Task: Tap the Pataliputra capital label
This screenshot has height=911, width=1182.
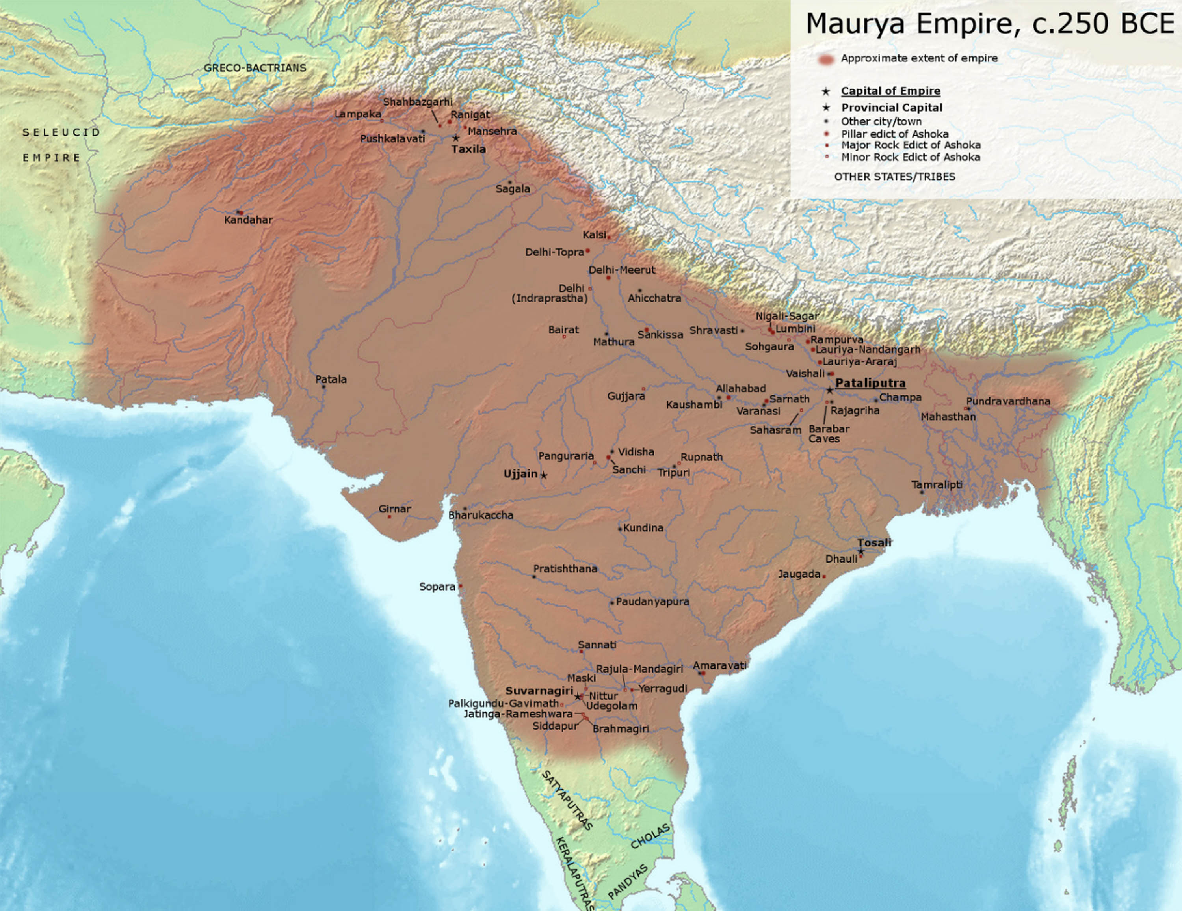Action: tap(870, 383)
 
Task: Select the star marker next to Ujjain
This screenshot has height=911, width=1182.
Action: tap(544, 475)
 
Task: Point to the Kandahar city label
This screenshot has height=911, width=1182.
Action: tap(248, 220)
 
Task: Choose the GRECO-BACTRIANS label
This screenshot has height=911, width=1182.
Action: tap(255, 68)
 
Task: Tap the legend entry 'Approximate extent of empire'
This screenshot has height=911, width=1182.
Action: tap(919, 58)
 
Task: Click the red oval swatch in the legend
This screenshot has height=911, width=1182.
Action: tap(826, 59)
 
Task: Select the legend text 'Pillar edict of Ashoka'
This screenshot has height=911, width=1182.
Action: tap(895, 134)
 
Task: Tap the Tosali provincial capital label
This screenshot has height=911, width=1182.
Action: tap(874, 543)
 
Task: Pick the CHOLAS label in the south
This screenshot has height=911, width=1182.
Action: tap(650, 836)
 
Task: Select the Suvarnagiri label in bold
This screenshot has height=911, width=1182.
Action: tap(539, 691)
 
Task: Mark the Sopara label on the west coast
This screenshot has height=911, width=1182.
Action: tap(437, 587)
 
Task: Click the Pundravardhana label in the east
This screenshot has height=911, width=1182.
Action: tap(1008, 401)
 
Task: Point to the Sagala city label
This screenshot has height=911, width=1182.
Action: tap(513, 189)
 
